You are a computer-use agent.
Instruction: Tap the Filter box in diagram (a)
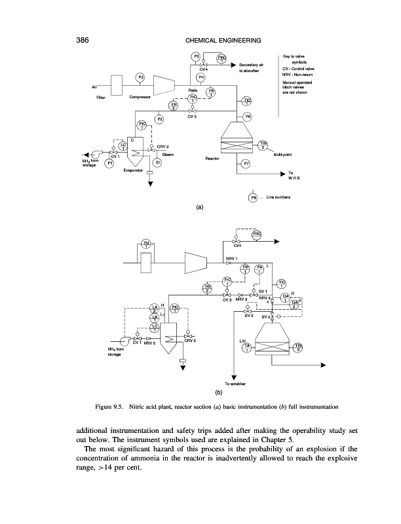pyautogui.click(x=119, y=84)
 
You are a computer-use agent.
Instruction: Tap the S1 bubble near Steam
pyautogui.click(x=158, y=162)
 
